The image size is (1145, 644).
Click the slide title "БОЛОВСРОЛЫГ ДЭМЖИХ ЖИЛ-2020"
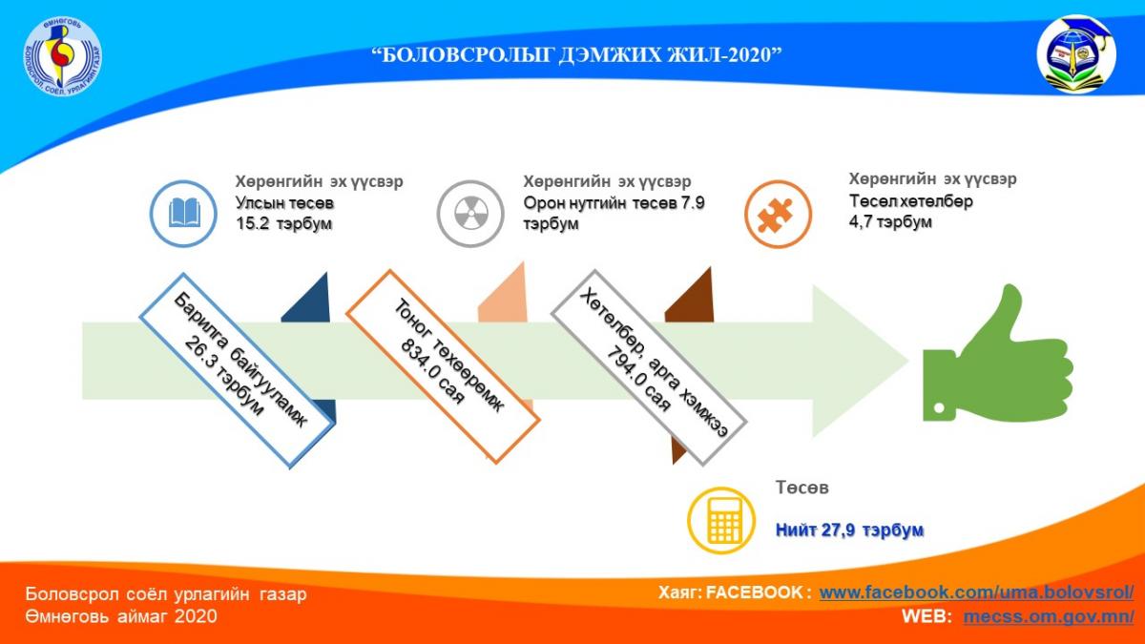coord(577,54)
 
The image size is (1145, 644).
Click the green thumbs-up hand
coord(992,358)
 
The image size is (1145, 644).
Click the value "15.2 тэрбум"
coord(282,223)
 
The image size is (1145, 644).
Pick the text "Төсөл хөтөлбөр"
coord(911,201)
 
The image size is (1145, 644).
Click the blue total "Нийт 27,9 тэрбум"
coord(849,530)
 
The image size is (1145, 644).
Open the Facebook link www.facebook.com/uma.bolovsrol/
coord(976,592)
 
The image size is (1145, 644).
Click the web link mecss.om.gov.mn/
coord(1048,616)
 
